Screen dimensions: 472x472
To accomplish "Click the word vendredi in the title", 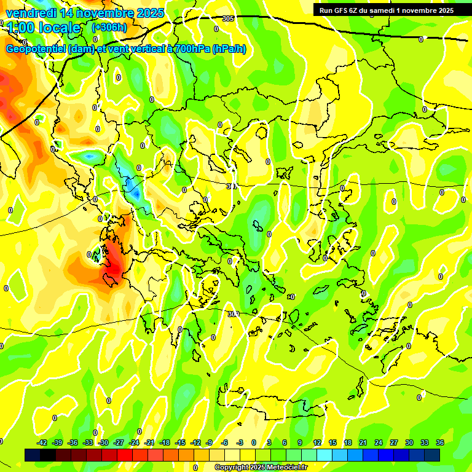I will pos(30,13).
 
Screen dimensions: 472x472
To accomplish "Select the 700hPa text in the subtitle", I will pos(189,49).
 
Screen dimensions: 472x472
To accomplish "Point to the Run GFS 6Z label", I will pos(336,10).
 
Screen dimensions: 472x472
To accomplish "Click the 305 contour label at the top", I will pos(228,19).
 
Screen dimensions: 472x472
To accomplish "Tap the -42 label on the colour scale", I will pos(42,442).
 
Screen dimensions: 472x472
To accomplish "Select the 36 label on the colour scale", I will pos(440,442).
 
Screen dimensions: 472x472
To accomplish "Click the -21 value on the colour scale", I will pos(149,442).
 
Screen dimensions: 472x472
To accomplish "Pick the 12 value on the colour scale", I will pos(317,442).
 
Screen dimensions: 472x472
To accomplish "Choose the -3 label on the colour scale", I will pos(240,442).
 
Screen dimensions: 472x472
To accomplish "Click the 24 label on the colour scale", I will pos(379,442).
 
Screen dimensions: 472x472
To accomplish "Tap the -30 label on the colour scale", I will pos(103,442).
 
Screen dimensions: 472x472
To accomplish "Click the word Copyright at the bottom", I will pos(233,468).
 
